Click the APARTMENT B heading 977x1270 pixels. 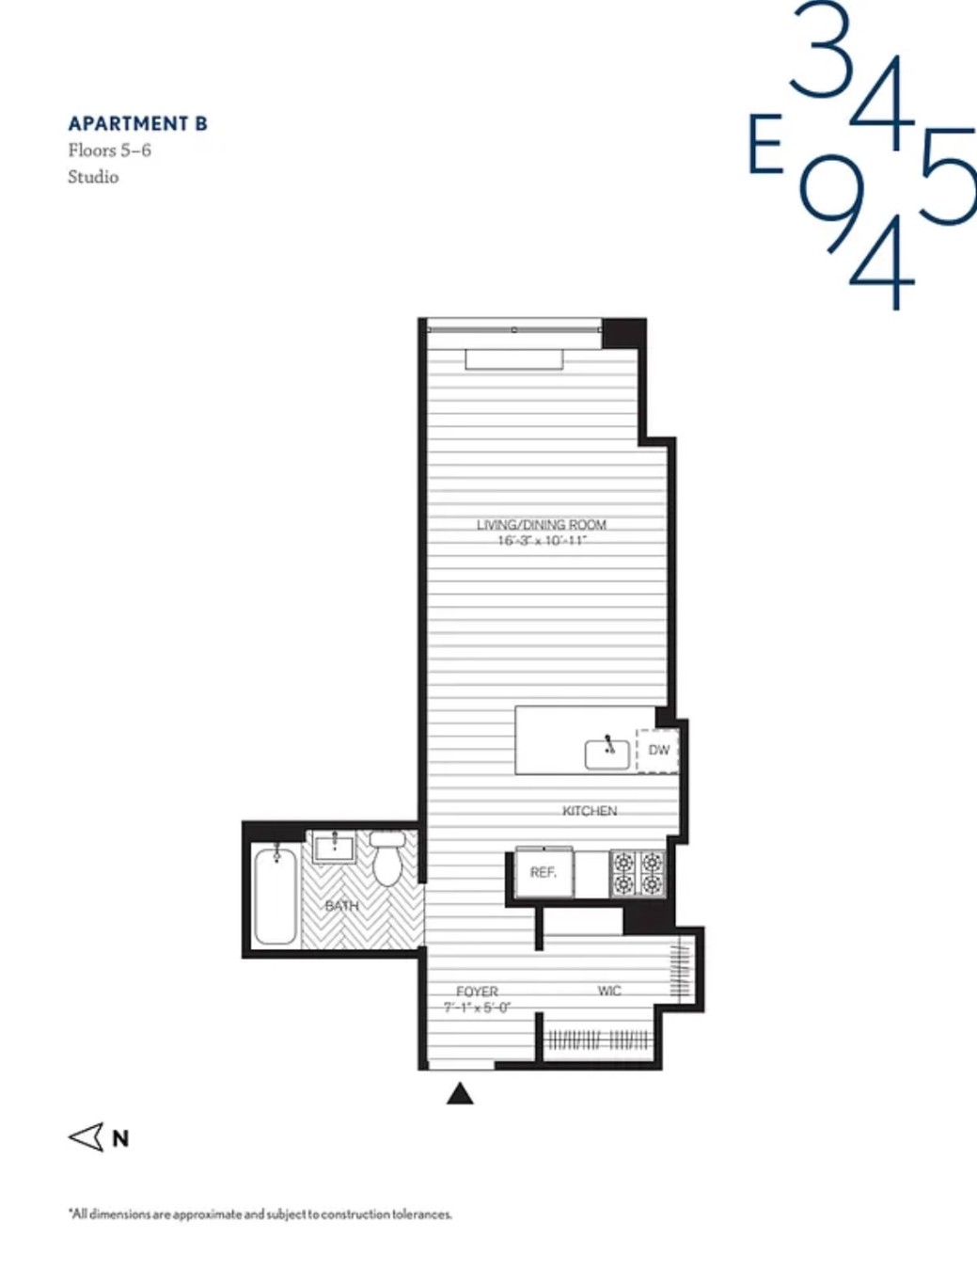click(137, 124)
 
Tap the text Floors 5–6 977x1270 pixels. click(109, 151)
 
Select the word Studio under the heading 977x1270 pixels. click(93, 177)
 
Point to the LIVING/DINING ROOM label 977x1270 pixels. click(541, 525)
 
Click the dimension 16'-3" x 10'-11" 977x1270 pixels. click(542, 541)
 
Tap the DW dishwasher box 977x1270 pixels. click(658, 750)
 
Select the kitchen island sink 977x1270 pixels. click(607, 754)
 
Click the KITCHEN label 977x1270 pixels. click(590, 811)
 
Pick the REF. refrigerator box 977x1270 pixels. click(543, 873)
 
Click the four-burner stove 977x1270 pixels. click(638, 873)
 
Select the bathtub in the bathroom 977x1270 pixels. click(276, 894)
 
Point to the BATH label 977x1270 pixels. click(341, 906)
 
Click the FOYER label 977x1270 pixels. click(477, 992)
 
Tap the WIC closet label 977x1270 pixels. click(609, 991)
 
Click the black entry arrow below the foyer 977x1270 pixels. click(460, 1093)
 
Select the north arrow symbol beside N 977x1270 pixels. click(87, 1137)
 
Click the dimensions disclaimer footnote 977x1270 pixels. click(260, 1214)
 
